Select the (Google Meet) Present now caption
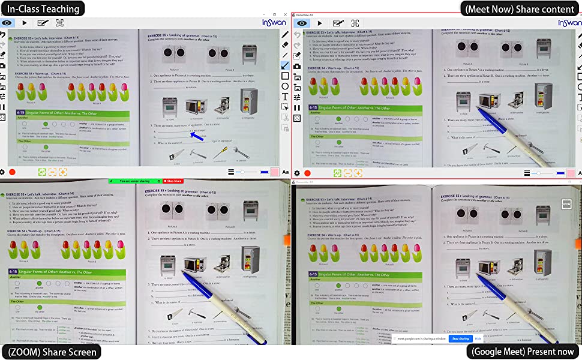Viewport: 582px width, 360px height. (x=523, y=352)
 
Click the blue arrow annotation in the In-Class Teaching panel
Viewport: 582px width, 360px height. (x=197, y=136)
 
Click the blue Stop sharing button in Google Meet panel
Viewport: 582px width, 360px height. (x=460, y=338)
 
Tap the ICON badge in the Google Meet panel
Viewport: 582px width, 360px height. (x=566, y=204)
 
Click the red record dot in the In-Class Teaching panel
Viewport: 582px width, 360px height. (x=13, y=172)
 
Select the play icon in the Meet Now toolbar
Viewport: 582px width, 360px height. (x=320, y=23)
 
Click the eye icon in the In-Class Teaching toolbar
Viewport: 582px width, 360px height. (x=7, y=23)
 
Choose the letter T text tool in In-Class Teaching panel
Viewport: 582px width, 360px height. (x=285, y=97)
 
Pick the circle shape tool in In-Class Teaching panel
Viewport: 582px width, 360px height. (x=285, y=86)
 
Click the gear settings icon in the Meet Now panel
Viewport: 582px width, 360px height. (x=296, y=172)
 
